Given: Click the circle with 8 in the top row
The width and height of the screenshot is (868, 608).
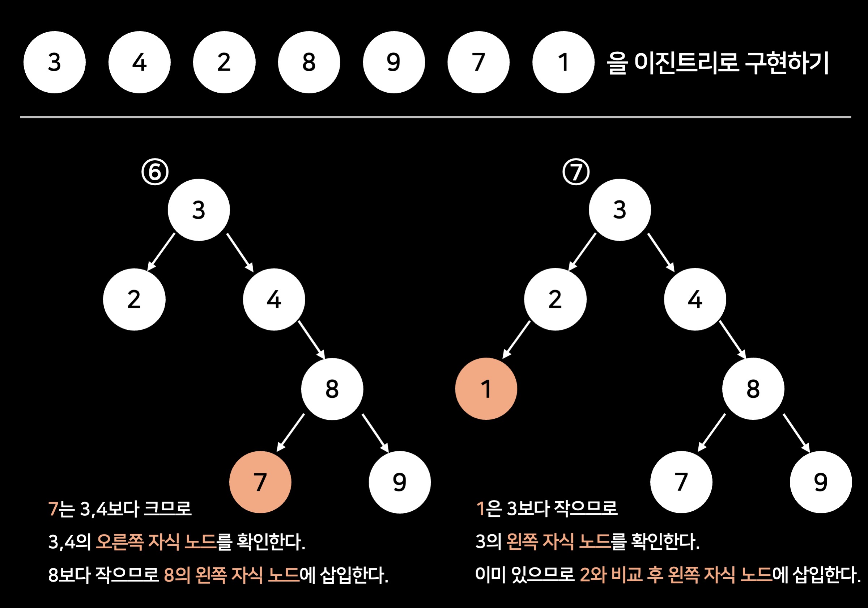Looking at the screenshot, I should [x=309, y=62].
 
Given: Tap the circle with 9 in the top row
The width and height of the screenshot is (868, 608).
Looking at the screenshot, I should [x=393, y=62].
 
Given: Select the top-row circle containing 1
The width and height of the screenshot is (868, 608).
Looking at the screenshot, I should [x=563, y=62].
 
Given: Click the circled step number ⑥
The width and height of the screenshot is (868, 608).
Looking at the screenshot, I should [x=155, y=172].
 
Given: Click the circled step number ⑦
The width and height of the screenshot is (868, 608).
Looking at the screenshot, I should [x=576, y=172].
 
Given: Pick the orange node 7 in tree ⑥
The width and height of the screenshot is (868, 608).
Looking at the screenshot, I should [x=260, y=482].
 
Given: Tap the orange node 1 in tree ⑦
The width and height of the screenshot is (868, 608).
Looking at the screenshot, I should [x=486, y=389].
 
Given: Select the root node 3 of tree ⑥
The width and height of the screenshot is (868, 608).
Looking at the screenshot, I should [x=199, y=210].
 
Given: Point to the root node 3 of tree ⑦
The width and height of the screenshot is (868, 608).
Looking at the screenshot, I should [x=620, y=210].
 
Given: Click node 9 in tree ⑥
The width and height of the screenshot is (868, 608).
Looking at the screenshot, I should [x=400, y=482].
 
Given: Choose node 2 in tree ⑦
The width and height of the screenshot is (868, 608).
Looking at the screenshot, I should [x=555, y=299].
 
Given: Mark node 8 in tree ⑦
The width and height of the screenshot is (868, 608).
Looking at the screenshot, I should [x=753, y=389].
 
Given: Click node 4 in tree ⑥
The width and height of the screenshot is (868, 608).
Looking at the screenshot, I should [x=274, y=299].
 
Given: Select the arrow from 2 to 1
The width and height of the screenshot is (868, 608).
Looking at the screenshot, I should [x=516, y=339].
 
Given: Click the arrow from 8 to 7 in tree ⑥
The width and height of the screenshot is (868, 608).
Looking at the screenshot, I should [x=290, y=432].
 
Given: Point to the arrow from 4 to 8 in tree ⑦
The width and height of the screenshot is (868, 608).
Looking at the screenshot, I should [x=732, y=340].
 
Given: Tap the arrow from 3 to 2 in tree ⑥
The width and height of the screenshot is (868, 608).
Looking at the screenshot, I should [x=161, y=252].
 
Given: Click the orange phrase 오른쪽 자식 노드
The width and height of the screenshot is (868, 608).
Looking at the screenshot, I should [x=156, y=541].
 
